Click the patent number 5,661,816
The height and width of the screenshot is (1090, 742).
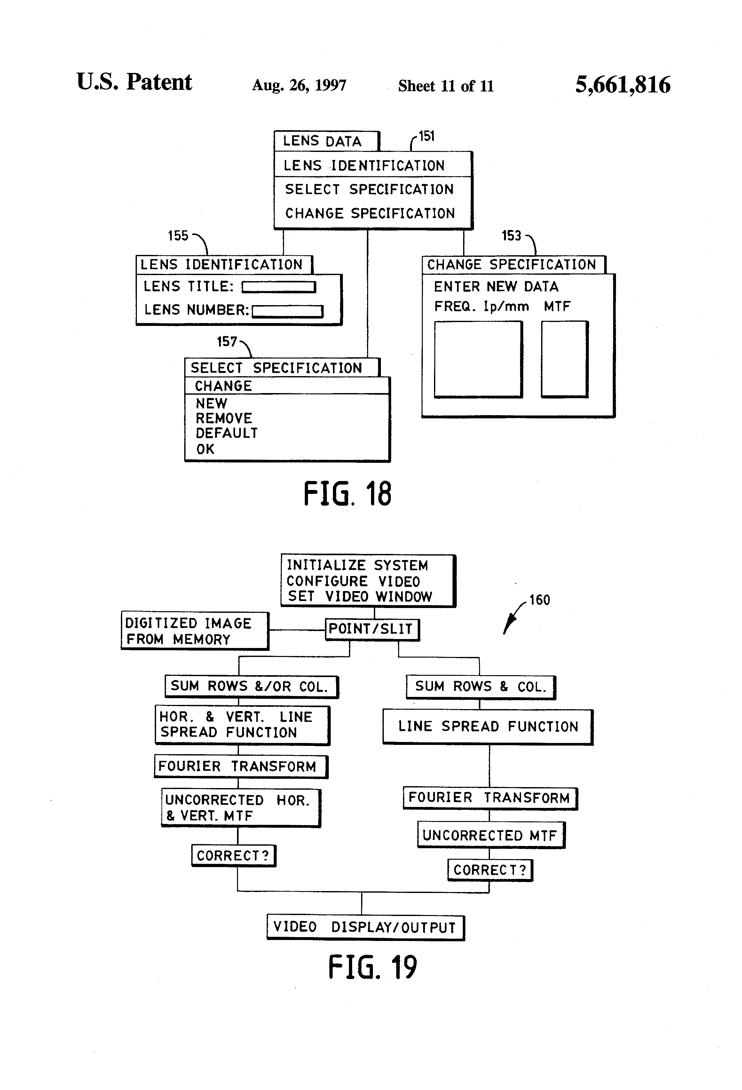622,85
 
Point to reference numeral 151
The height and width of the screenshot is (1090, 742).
426,137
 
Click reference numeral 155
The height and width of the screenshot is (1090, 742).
178,236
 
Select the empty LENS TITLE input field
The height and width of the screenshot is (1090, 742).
279,287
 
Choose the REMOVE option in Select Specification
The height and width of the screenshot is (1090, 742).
224,418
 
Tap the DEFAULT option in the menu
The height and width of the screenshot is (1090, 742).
226,433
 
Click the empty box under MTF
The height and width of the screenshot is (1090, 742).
564,359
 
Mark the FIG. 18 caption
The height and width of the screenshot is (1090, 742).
347,494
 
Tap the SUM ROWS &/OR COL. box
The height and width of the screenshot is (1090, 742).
251,687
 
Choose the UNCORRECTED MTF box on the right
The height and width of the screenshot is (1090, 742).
491,835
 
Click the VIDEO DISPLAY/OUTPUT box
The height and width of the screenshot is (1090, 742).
365,927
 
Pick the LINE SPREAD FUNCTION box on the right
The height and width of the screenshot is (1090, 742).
488,727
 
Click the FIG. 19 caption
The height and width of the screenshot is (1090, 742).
372,967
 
